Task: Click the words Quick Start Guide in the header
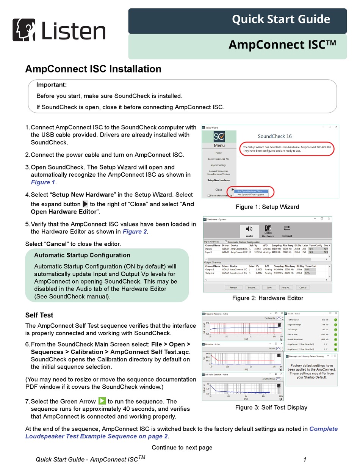[x=281, y=19]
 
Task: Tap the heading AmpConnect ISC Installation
[x=93, y=69]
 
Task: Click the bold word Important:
[x=52, y=85]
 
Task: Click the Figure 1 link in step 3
[x=43, y=182]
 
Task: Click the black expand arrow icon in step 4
[x=85, y=204]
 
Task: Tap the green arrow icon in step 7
[x=102, y=401]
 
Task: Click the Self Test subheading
[x=39, y=315]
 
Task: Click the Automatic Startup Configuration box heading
[x=82, y=255]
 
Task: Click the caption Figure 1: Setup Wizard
[x=267, y=207]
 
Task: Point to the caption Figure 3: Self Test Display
[x=271, y=407]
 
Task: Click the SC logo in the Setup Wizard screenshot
[x=219, y=136]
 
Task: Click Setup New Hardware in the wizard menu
[x=219, y=180]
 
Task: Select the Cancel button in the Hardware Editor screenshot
[x=301, y=287]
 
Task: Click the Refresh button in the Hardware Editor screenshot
[x=233, y=287]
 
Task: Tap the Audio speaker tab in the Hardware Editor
[x=249, y=231]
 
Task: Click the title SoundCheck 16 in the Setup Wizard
[x=275, y=136]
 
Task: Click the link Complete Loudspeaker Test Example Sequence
[x=181, y=433]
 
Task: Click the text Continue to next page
[x=182, y=447]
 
